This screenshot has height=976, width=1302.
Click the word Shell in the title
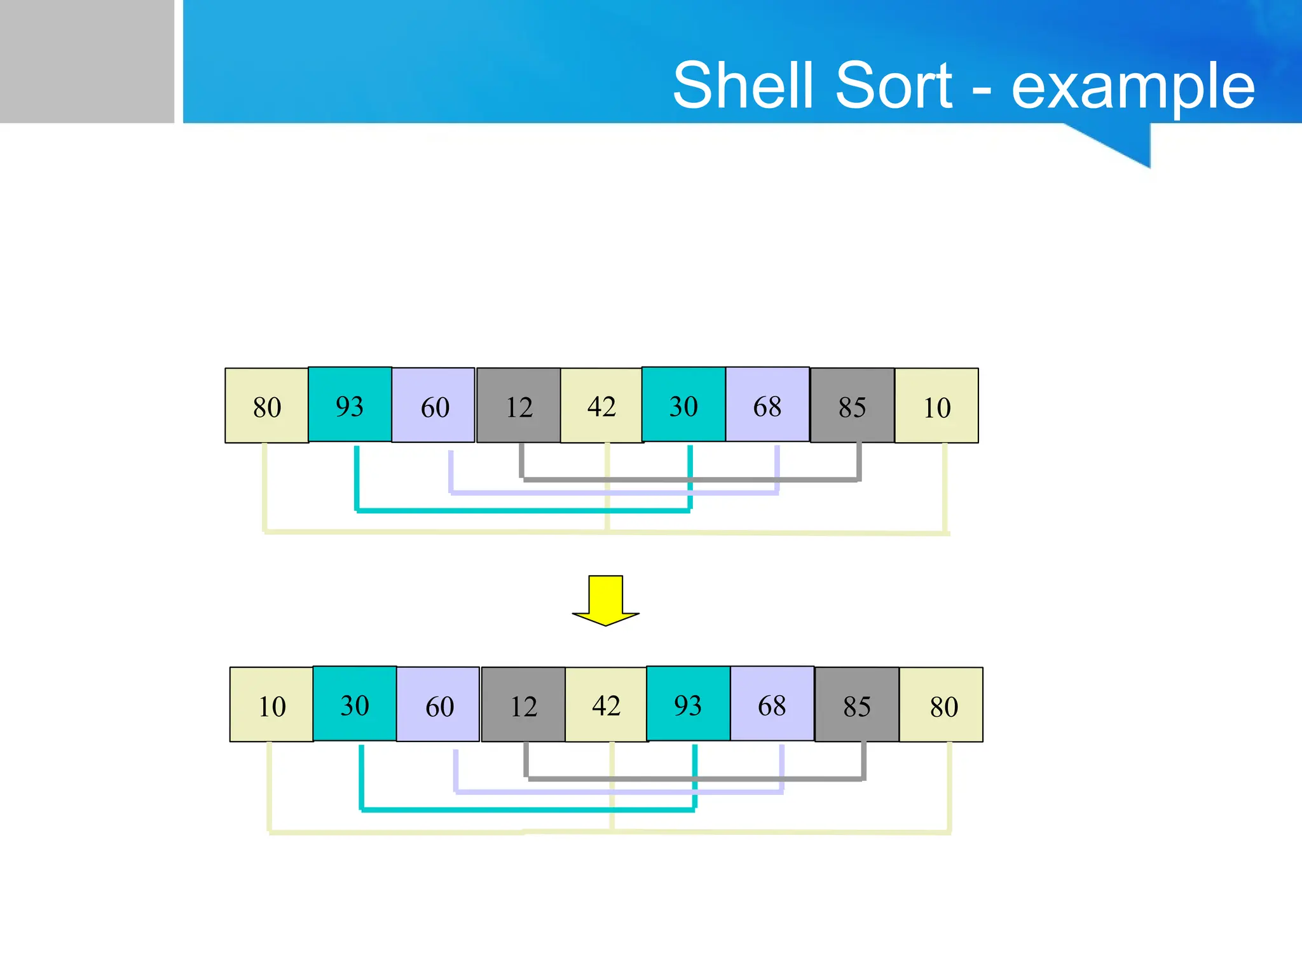[x=743, y=85]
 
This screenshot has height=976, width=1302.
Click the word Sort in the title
[x=893, y=85]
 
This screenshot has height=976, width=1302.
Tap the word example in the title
[x=1133, y=88]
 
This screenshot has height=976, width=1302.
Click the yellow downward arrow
[x=605, y=600]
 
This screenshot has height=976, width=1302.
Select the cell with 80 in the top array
[x=267, y=405]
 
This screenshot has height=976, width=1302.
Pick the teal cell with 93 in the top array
[x=350, y=405]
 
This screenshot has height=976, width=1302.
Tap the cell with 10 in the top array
[x=936, y=405]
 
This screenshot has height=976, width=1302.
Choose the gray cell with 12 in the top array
[x=519, y=405]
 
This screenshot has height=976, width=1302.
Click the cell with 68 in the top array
[x=767, y=405]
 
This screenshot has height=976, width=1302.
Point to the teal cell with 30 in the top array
[x=683, y=405]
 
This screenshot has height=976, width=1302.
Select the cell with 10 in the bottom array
[x=271, y=705]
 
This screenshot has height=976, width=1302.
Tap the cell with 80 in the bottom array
[x=942, y=705]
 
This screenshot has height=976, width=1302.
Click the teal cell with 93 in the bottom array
[x=688, y=704]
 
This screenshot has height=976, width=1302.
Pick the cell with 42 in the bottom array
[x=606, y=705]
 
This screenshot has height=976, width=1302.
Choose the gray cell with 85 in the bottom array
[x=857, y=705]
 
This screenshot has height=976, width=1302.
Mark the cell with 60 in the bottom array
[x=438, y=705]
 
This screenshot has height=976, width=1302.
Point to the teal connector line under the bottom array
[x=528, y=810]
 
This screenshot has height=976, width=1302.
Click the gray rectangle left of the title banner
[x=86, y=61]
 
